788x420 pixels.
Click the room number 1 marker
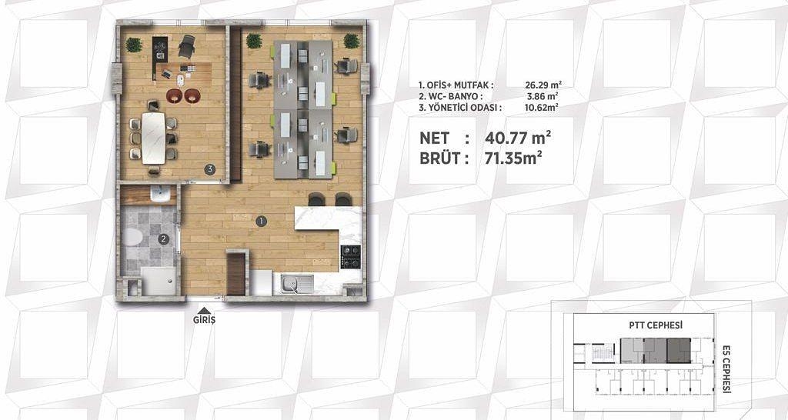[x=261, y=221]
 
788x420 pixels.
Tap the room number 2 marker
[x=163, y=240]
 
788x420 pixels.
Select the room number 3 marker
[x=209, y=169]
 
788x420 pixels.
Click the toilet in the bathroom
[x=132, y=237]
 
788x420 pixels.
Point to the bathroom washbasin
[x=160, y=195]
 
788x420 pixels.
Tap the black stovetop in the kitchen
[x=351, y=257]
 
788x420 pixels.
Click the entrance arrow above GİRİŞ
[x=203, y=311]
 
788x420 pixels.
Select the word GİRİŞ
[x=204, y=320]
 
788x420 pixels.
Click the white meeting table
[x=153, y=138]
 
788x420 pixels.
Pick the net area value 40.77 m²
[x=518, y=137]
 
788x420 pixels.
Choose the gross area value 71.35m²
[x=513, y=158]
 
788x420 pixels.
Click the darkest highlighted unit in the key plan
[x=679, y=351]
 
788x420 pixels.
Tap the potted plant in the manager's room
[x=134, y=45]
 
